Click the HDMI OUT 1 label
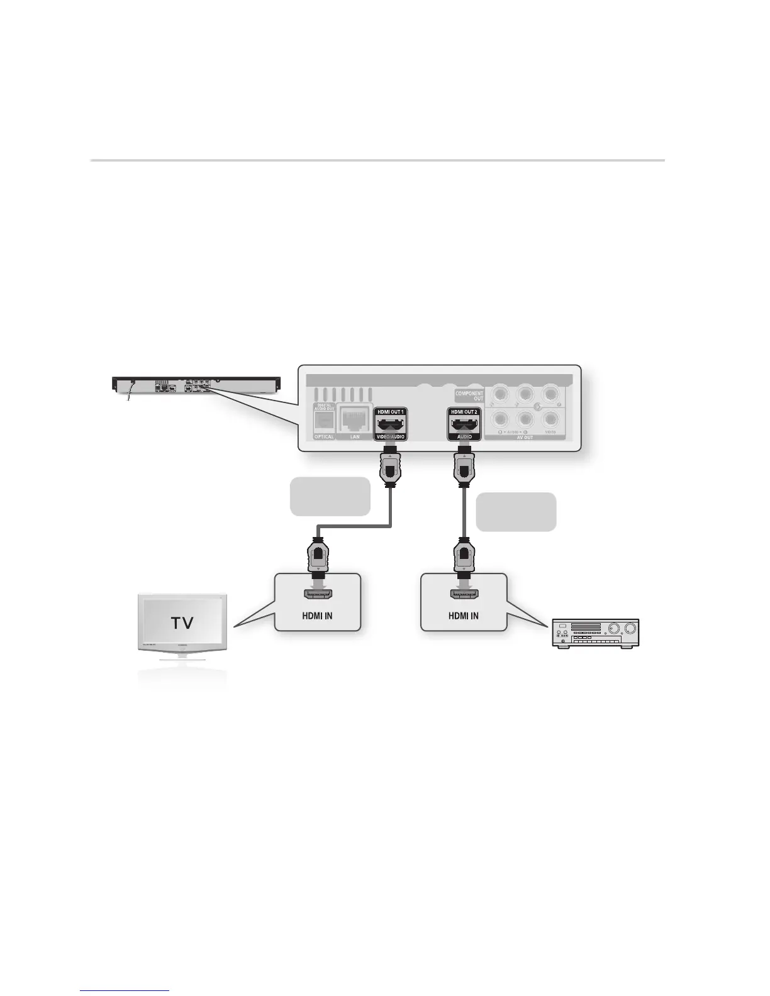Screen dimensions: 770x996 [x=390, y=411]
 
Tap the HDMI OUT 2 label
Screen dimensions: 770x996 [x=464, y=411]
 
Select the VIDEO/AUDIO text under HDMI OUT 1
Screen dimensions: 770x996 [x=390, y=436]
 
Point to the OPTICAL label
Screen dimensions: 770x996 [x=324, y=436]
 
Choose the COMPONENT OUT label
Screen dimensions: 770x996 [x=469, y=396]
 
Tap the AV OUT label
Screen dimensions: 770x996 [x=525, y=438]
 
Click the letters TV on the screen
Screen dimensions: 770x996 [x=182, y=622]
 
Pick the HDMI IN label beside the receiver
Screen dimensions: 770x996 [x=463, y=616]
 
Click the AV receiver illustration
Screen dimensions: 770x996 [x=595, y=633]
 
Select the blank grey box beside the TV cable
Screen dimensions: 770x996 [x=330, y=496]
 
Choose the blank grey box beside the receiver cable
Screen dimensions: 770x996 [x=516, y=512]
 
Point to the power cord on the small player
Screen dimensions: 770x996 [x=129, y=394]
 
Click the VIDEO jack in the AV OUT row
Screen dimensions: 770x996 [x=550, y=418]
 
